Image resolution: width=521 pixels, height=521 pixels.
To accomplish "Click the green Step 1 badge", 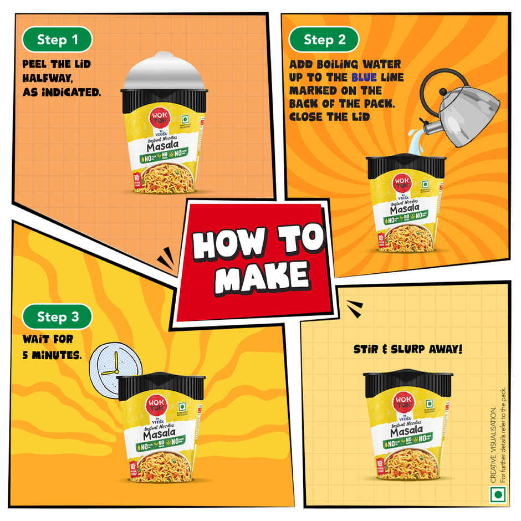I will point(57,40).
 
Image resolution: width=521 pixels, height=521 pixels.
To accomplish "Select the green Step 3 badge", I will point(57,317).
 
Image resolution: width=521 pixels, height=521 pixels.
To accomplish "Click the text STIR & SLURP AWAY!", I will point(408,350).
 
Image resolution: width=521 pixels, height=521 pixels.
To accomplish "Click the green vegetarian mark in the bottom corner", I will point(499,494).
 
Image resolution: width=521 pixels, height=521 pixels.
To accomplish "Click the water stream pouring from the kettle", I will point(416,139).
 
